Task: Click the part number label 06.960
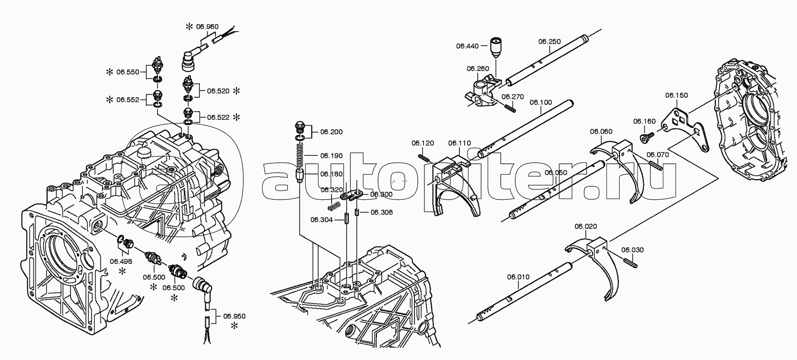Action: [x=207, y=27]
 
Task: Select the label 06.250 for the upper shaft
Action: [x=550, y=41]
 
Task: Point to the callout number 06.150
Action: [x=676, y=95]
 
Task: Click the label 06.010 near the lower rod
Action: [x=518, y=277]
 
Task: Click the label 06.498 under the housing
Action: [x=121, y=261]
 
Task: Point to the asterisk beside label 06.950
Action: [x=234, y=326]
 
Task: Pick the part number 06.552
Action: [x=128, y=100]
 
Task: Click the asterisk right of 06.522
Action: [x=236, y=117]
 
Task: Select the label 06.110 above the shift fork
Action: [x=459, y=143]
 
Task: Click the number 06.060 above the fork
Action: [x=601, y=132]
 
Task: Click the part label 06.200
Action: [x=331, y=132]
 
